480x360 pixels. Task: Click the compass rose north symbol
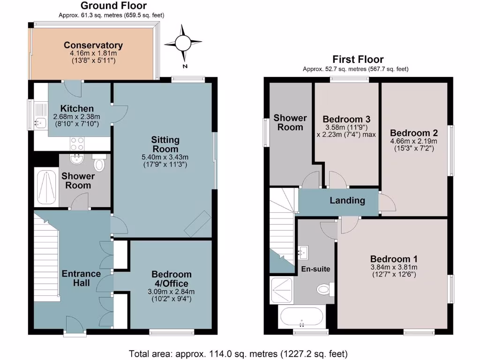183,44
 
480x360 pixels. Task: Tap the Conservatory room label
93,45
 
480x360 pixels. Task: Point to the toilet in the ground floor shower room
99,164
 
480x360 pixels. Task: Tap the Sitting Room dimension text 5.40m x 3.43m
165,157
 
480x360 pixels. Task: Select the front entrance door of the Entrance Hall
73,325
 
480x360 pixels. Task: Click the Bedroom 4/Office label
171,279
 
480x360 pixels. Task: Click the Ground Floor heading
113,6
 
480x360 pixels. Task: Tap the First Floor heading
358,60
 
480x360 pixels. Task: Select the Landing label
347,201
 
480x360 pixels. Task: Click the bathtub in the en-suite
301,317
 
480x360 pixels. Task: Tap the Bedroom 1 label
394,259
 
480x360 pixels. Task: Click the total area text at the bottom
238,353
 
